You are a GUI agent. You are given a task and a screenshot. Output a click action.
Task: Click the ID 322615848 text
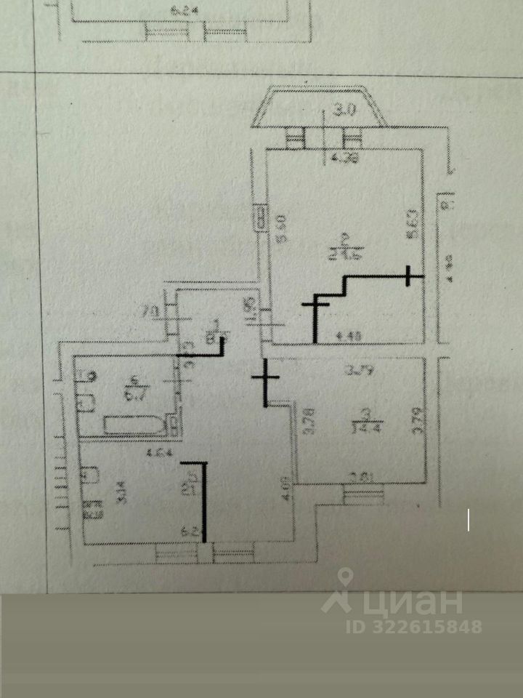(415, 626)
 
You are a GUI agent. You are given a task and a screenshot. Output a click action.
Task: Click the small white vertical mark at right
(469, 521)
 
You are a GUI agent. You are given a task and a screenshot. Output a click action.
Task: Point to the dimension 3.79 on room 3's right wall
(417, 422)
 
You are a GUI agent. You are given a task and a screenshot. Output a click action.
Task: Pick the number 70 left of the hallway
(150, 313)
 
